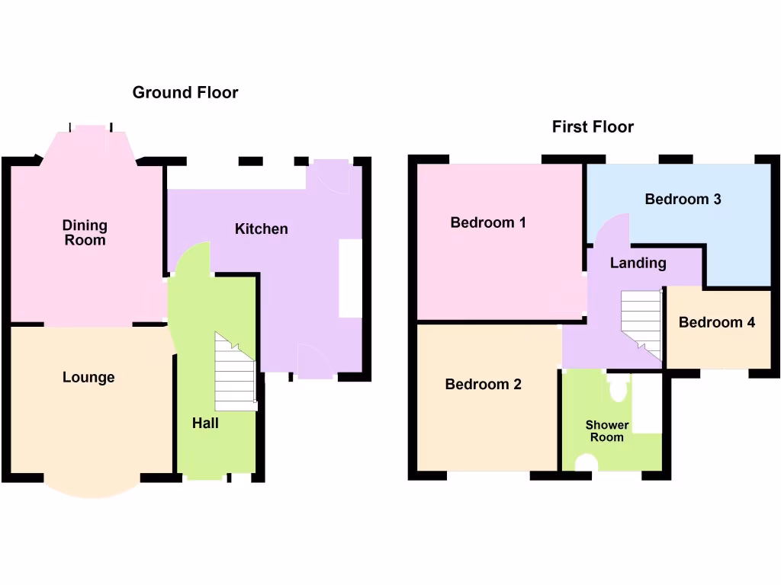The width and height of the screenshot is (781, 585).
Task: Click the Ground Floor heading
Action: (x=185, y=93)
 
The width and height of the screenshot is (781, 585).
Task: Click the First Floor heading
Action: (x=593, y=127)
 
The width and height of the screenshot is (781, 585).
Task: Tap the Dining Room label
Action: (x=85, y=233)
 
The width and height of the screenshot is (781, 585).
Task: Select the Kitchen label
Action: (x=261, y=229)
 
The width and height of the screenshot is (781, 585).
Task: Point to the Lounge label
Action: (x=88, y=378)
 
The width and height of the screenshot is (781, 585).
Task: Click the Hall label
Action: (x=205, y=423)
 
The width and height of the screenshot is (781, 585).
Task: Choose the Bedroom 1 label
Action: (x=488, y=223)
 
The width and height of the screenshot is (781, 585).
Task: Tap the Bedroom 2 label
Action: (x=483, y=385)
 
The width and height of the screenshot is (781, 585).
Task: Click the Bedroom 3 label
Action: (x=683, y=200)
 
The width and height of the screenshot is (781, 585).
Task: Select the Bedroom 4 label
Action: (x=717, y=323)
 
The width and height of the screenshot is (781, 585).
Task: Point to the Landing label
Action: (x=638, y=264)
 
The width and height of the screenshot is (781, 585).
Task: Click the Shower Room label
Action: (x=607, y=431)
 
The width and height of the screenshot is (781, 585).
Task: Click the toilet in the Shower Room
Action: (x=618, y=389)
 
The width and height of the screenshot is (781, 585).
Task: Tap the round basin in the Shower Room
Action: (x=587, y=462)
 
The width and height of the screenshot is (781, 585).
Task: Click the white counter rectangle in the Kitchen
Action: (x=351, y=279)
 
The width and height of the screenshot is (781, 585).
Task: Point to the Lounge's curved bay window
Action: (x=92, y=487)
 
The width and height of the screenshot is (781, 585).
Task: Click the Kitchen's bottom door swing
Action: (x=315, y=362)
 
